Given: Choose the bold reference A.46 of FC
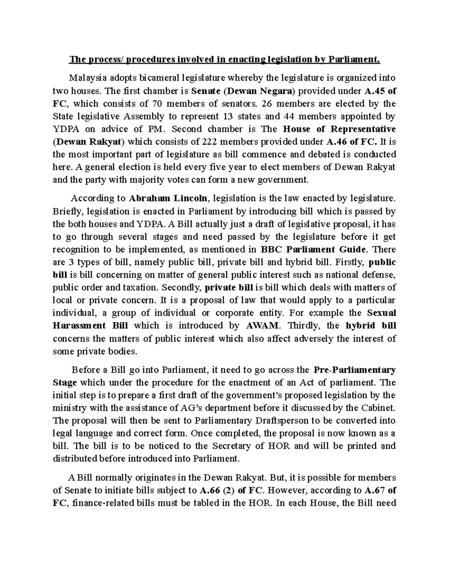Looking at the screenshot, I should click(352, 141).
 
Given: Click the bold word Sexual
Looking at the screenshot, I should click(382, 313).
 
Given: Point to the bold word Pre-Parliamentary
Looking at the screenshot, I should click(354, 370).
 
